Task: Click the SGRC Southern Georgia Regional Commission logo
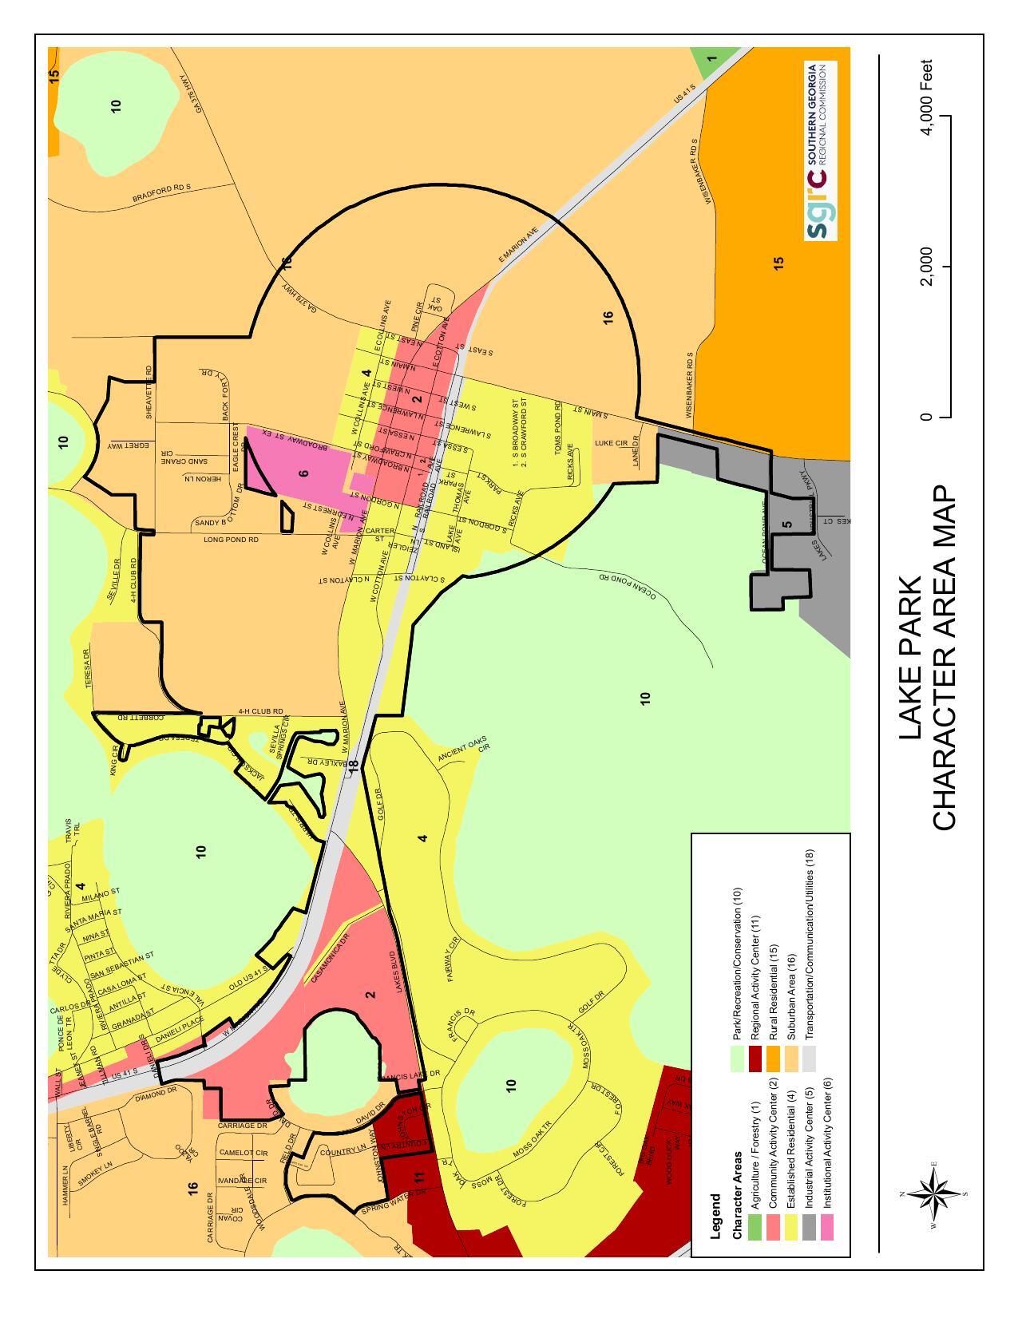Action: pos(820,151)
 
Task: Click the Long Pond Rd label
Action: pos(232,540)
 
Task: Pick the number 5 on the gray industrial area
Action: pos(787,524)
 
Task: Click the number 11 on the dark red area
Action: pos(420,1176)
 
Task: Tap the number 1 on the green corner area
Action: pos(711,57)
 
